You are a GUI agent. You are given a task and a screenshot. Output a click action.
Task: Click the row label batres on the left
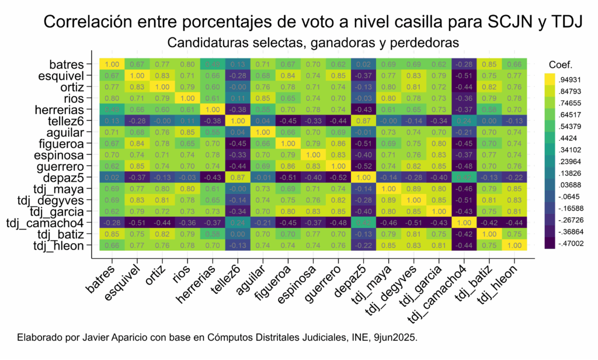(x=70, y=64)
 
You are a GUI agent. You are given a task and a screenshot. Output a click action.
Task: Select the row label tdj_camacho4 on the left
(x=48, y=223)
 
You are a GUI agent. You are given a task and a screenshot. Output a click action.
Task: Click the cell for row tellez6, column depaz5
(x=363, y=120)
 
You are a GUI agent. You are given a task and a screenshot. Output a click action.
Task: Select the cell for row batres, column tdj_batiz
(x=489, y=64)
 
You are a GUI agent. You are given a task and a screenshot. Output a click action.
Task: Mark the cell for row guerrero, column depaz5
(x=363, y=166)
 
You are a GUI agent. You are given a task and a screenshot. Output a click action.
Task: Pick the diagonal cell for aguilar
(x=263, y=132)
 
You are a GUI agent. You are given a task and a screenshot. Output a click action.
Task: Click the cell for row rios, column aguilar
(x=263, y=98)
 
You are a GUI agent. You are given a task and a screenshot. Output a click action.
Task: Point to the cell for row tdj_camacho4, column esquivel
(x=137, y=223)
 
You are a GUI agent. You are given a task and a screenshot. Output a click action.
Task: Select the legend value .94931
(x=570, y=79)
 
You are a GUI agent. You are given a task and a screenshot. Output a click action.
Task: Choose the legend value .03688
(x=570, y=185)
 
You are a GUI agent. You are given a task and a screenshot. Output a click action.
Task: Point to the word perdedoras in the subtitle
(x=427, y=43)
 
